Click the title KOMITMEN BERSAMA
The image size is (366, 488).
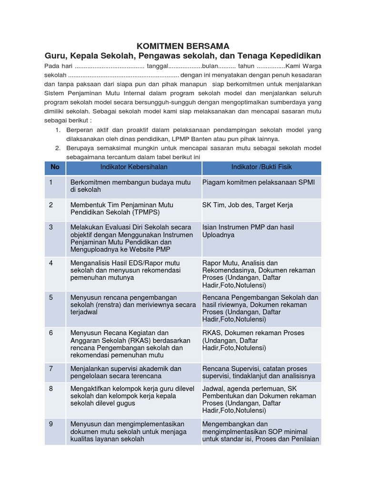pyautogui.click(x=183, y=46)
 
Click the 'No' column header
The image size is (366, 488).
pyautogui.click(x=55, y=167)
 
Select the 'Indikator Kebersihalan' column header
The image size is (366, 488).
pyautogui.click(x=133, y=167)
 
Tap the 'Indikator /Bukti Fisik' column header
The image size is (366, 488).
pyautogui.click(x=262, y=167)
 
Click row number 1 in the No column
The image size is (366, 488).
pyautogui.click(x=51, y=182)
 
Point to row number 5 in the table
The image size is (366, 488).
pyautogui.click(x=51, y=297)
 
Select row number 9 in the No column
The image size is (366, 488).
pyautogui.click(x=51, y=424)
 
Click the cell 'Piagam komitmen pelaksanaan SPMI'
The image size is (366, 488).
pyautogui.click(x=258, y=182)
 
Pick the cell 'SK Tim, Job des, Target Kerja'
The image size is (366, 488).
pyautogui.click(x=247, y=205)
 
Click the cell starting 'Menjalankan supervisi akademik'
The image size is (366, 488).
pyautogui.click(x=126, y=372)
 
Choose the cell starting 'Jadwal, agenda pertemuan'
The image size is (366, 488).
pyautogui.click(x=259, y=400)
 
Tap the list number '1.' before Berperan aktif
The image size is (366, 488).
pyautogui.click(x=58, y=130)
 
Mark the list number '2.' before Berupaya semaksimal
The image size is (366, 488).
pyautogui.click(x=58, y=148)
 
